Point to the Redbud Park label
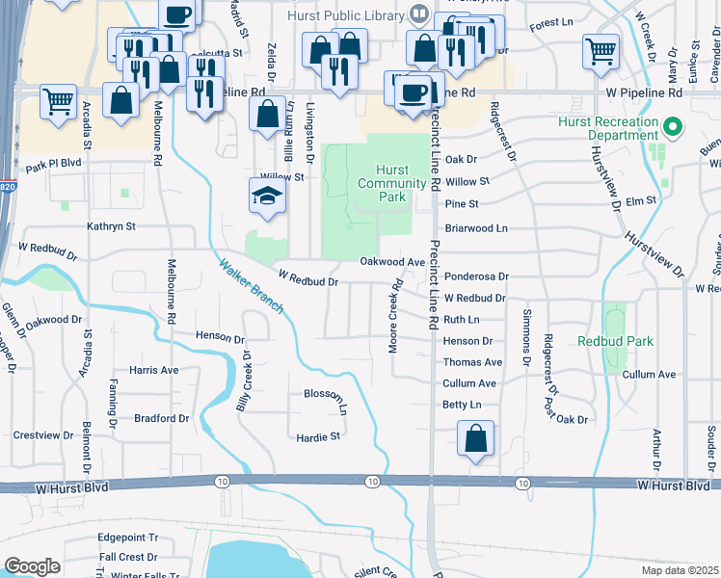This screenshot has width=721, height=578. coord(615,341)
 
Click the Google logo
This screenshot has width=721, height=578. coord(32,566)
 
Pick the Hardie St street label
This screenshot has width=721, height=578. coord(318,436)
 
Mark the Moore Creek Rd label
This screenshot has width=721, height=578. coord(394,316)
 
